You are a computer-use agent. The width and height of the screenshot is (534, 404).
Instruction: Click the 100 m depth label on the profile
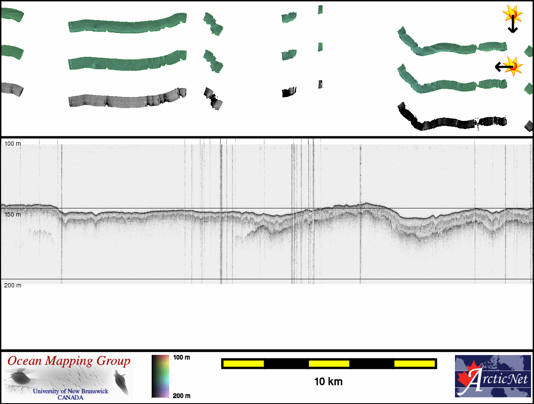[13, 144]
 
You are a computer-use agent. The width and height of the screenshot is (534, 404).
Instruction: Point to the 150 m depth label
[13, 214]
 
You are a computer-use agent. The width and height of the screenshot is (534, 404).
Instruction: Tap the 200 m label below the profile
[13, 285]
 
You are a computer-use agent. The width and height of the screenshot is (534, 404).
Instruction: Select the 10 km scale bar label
[329, 382]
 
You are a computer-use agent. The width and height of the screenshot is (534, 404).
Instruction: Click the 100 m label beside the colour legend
[182, 357]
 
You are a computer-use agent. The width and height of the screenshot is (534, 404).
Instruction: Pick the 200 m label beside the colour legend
[182, 396]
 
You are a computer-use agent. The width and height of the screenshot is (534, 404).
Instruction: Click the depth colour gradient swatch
[160, 376]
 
